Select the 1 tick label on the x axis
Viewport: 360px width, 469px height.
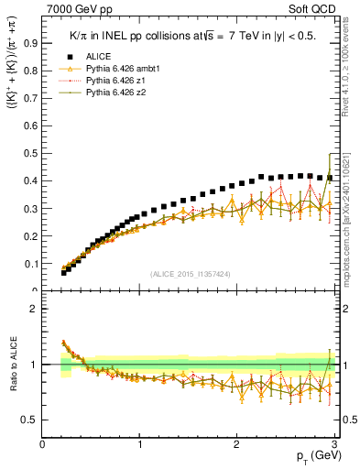[x=140, y=444]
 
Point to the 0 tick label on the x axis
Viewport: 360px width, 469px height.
[x=43, y=444]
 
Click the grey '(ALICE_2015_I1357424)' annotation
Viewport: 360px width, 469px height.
[x=191, y=274]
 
